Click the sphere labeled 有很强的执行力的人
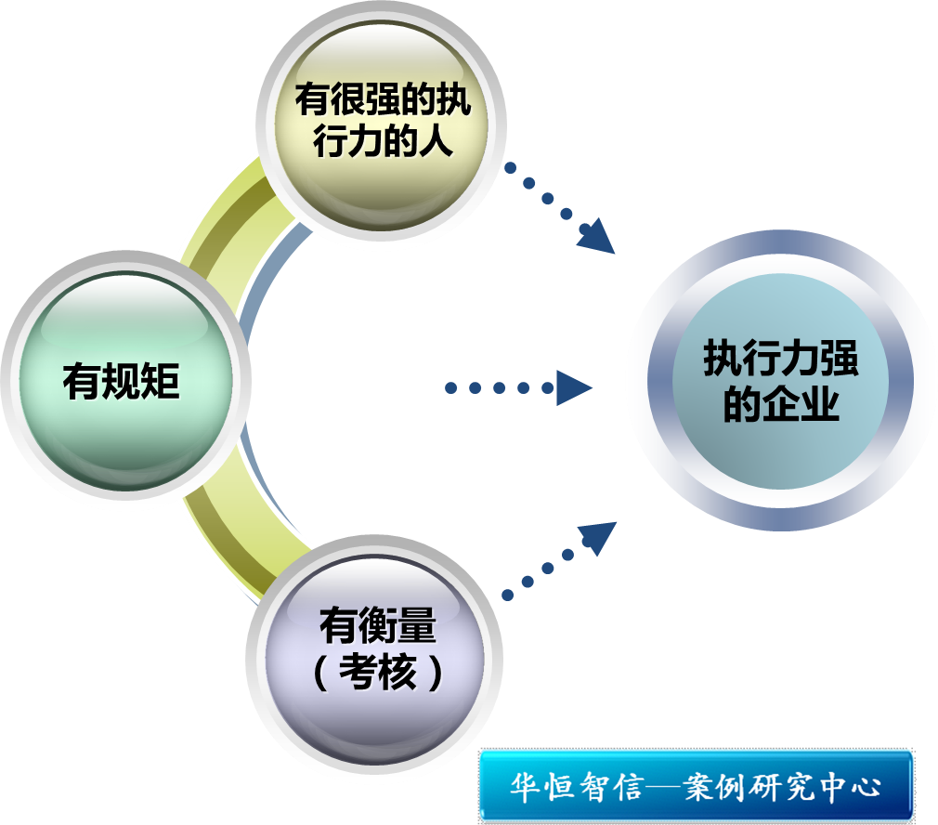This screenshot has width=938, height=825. (381, 121)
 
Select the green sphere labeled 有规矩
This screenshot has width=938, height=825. (124, 381)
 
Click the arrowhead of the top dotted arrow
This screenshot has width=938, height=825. (596, 237)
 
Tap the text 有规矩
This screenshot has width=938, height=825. (121, 381)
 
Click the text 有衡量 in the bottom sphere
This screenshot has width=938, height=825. (377, 626)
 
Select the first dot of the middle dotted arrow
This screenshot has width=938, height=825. (451, 387)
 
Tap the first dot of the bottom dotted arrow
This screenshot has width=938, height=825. (507, 594)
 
